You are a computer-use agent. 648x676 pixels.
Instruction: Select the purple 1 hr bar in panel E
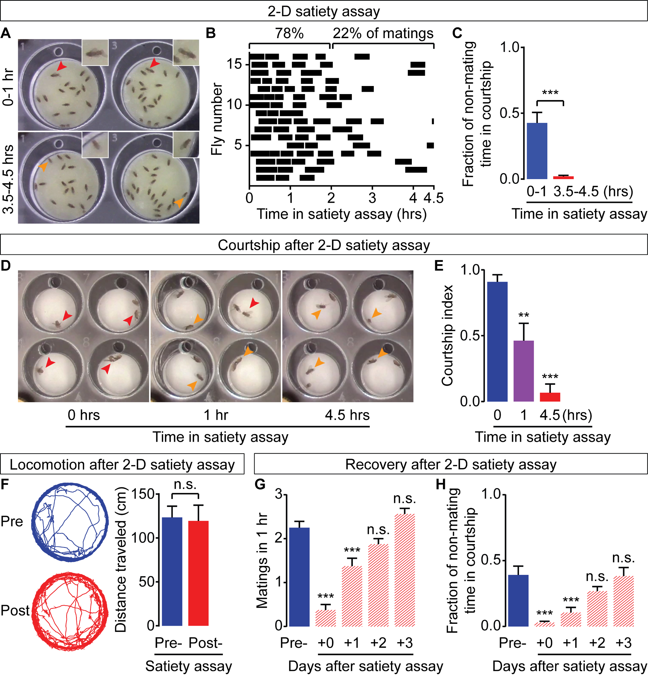(x=524, y=371)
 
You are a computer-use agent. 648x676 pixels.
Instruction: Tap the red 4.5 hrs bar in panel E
(x=550, y=397)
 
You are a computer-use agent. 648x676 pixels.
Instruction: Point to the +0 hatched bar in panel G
(x=325, y=618)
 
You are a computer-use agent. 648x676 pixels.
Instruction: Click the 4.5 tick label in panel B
(x=433, y=198)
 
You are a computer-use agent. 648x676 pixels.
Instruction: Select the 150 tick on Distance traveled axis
(x=143, y=494)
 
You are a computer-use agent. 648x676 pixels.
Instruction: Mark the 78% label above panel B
(x=289, y=34)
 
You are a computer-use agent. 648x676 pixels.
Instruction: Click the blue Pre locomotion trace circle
(x=70, y=522)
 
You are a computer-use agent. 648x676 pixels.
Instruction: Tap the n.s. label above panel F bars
(x=185, y=485)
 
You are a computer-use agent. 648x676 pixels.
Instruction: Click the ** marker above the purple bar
(x=524, y=315)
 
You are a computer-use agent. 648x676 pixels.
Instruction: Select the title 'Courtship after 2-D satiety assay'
(x=324, y=245)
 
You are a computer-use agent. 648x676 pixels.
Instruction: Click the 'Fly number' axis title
(x=216, y=119)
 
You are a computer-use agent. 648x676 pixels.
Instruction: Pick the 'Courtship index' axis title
(x=447, y=336)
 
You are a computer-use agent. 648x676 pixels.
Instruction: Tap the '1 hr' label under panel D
(x=216, y=415)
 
